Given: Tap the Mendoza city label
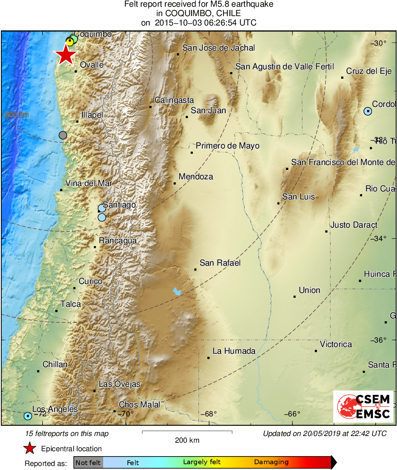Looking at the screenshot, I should pyautogui.click(x=196, y=177).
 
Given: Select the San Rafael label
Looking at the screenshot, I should pyautogui.click(x=220, y=263).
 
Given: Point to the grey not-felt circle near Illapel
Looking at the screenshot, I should pyautogui.click(x=63, y=135).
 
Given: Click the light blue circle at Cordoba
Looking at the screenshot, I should pyautogui.click(x=368, y=111).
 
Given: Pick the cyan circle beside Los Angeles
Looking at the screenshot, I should pyautogui.click(x=28, y=416).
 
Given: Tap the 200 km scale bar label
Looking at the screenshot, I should pyautogui.click(x=187, y=440).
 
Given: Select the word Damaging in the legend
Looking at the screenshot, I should pyautogui.click(x=272, y=462).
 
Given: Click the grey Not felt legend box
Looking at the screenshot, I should pyautogui.click(x=88, y=462).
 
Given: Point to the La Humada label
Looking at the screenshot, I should pyautogui.click(x=234, y=351).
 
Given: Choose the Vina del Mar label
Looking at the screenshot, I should pyautogui.click(x=88, y=183).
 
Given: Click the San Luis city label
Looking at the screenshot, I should pyautogui.click(x=298, y=197).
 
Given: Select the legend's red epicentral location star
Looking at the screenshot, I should pyautogui.click(x=30, y=449).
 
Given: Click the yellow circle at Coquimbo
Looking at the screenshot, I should pyautogui.click(x=70, y=42).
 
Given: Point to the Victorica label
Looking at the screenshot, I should pyautogui.click(x=336, y=344).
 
